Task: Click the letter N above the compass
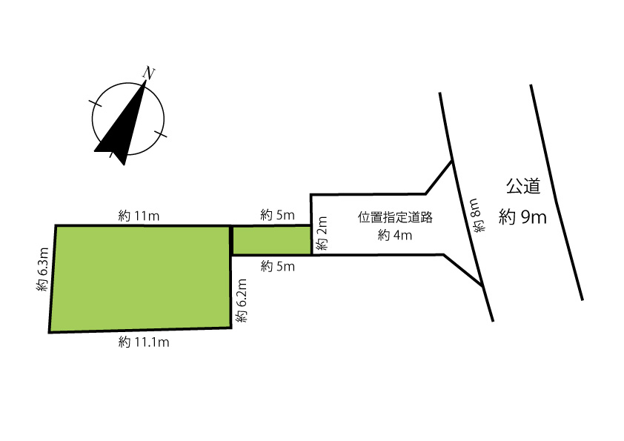click(x=148, y=73)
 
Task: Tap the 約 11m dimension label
click(x=139, y=216)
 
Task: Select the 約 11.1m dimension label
click(x=144, y=342)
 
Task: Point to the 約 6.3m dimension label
click(x=42, y=269)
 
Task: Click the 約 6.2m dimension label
click(x=241, y=300)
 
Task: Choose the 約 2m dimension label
click(x=321, y=233)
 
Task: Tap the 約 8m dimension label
click(x=477, y=215)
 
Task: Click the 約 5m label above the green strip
click(x=278, y=216)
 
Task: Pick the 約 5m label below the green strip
click(x=278, y=266)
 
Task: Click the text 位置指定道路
click(x=395, y=217)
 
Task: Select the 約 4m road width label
click(x=395, y=235)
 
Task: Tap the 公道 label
click(x=523, y=186)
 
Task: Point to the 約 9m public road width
click(x=522, y=217)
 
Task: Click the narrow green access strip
click(x=271, y=240)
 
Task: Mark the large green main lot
click(x=141, y=278)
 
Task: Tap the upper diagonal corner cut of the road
click(x=439, y=177)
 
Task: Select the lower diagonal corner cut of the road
click(x=463, y=270)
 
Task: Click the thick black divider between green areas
click(x=231, y=240)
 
